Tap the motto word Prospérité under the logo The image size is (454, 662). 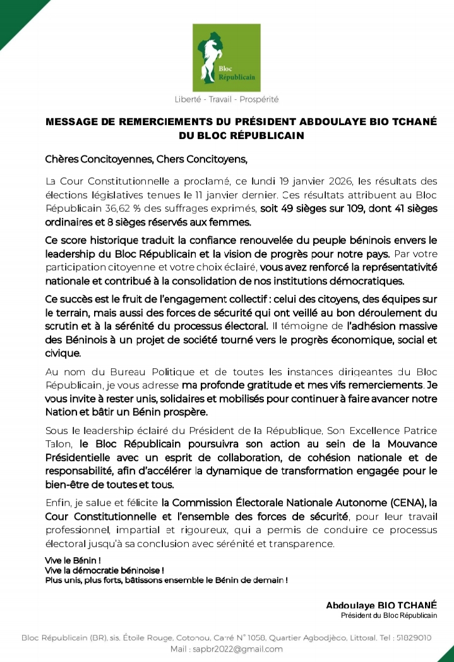pyautogui.click(x=259, y=99)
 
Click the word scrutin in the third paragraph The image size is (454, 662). pyautogui.click(x=63, y=327)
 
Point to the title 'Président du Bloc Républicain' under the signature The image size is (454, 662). pyautogui.click(x=388, y=615)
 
